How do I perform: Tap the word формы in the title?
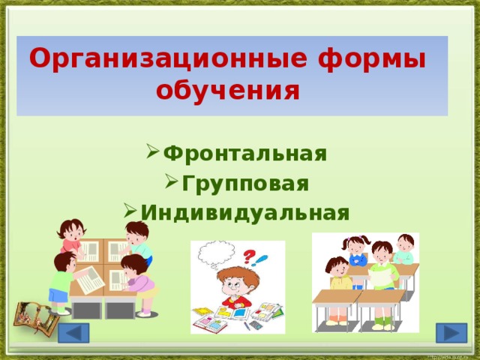pyautogui.click(x=371, y=58)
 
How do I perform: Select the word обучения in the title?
pyautogui.click(x=228, y=90)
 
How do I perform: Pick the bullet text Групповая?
pyautogui.click(x=244, y=183)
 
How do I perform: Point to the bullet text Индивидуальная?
pyautogui.click(x=244, y=212)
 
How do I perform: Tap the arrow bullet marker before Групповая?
pyautogui.click(x=169, y=184)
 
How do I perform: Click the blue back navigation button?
pyautogui.click(x=74, y=334)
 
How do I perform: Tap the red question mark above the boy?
pyautogui.click(x=247, y=256)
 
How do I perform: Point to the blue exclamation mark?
pyautogui.click(x=262, y=260)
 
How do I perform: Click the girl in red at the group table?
pyautogui.click(x=70, y=234)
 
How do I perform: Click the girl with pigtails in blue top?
pyautogui.click(x=355, y=251)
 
